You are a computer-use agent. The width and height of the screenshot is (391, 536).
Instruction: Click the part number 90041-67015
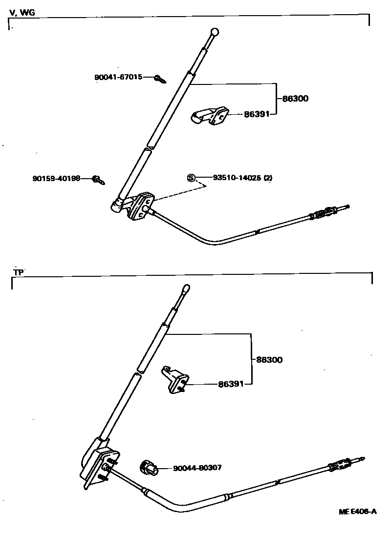[118, 77]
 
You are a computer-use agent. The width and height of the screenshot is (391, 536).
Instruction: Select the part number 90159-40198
[56, 179]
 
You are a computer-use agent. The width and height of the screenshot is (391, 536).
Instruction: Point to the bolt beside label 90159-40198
[97, 180]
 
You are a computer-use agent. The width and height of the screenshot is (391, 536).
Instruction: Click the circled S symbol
[191, 178]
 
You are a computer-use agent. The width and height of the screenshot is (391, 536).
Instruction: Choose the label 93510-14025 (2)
[242, 178]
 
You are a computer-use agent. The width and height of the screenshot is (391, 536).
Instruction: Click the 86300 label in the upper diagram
[296, 99]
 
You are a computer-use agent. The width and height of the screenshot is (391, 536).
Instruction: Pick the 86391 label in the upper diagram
[257, 115]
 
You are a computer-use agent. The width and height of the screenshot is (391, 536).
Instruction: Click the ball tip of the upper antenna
[214, 33]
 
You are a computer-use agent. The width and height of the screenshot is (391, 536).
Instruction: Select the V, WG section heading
[22, 13]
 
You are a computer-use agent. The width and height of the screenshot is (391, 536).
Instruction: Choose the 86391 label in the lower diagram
[231, 384]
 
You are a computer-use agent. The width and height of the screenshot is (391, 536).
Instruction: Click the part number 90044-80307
[197, 468]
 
